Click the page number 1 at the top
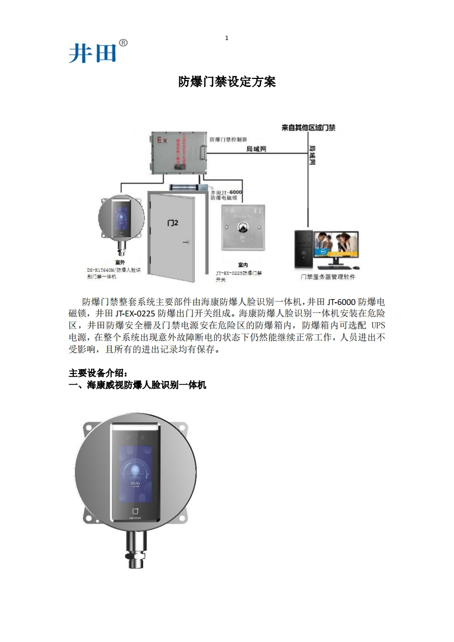(227, 38)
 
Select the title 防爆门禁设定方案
(227, 82)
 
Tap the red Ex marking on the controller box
(162, 140)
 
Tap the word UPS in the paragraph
(376, 325)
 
